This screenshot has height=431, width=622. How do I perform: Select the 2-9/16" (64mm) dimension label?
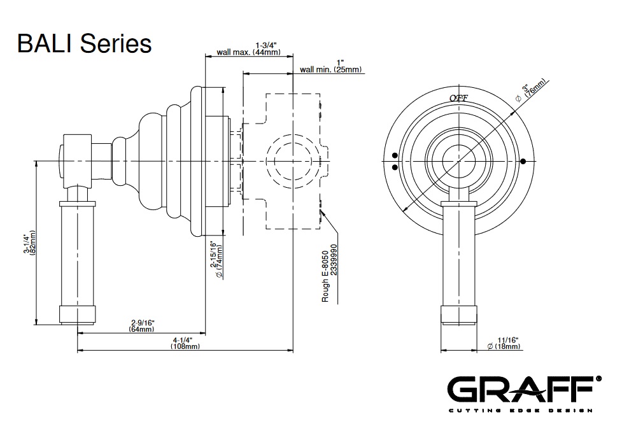click(143, 326)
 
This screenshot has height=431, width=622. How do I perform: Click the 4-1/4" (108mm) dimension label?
click(185, 343)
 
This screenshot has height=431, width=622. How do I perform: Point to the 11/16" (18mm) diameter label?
click(503, 343)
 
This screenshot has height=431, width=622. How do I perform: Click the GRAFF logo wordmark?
click(521, 389)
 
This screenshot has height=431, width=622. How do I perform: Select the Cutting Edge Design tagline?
click(521, 410)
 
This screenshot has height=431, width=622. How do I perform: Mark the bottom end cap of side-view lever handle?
click(78, 314)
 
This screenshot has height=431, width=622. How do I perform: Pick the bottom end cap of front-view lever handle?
click(458, 314)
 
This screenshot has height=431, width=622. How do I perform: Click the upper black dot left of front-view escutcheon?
click(395, 155)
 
